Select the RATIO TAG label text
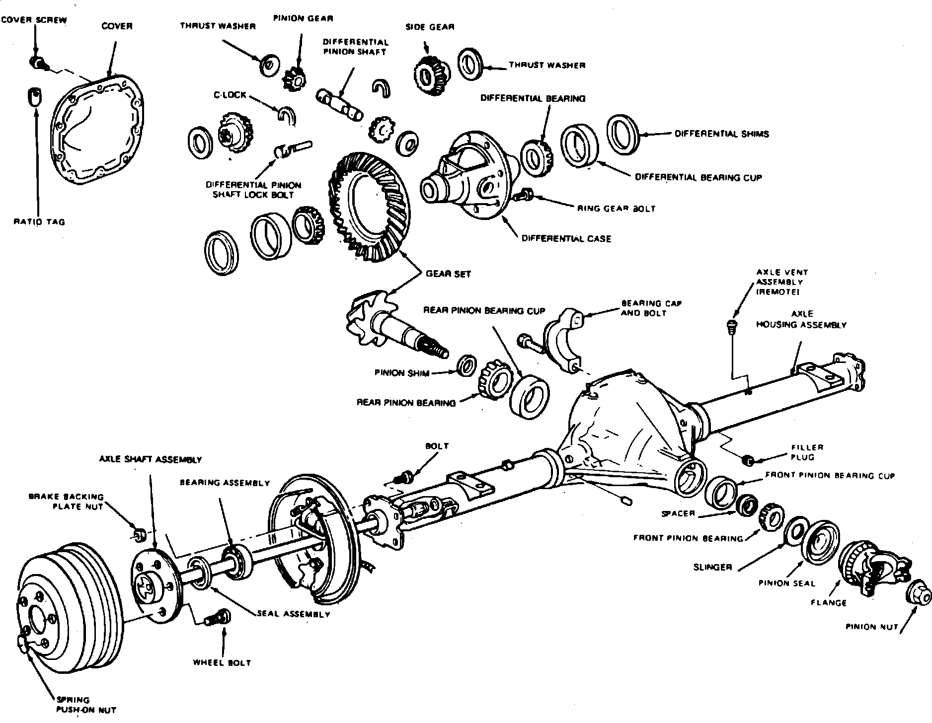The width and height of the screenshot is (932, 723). (39, 222)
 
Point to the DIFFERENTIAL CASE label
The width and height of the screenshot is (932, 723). (566, 239)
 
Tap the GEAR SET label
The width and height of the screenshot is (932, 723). (448, 274)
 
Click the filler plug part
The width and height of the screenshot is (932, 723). (746, 460)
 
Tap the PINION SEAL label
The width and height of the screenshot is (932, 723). (787, 583)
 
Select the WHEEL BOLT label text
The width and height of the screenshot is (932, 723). (222, 662)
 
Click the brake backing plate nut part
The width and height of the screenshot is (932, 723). (140, 534)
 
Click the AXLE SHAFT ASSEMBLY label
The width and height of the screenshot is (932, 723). (151, 460)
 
